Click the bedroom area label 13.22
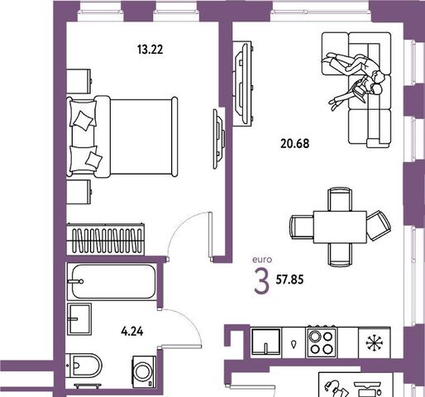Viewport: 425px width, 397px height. [x=150, y=50]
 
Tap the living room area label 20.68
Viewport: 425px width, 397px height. [x=295, y=144]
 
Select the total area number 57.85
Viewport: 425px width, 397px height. [x=289, y=280]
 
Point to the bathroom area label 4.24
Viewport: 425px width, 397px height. [x=132, y=332]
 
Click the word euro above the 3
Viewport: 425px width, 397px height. [x=262, y=260]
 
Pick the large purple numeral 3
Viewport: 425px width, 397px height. [x=261, y=280]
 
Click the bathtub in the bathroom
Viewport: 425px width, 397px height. [x=112, y=281]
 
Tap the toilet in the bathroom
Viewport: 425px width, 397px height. [x=84, y=366]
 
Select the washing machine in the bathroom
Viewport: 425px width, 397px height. [x=144, y=371]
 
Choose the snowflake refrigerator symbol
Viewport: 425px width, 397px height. [x=375, y=343]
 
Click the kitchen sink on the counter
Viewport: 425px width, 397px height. [x=266, y=342]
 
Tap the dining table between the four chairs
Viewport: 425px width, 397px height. [x=340, y=227]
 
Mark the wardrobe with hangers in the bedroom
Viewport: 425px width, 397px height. [x=106, y=239]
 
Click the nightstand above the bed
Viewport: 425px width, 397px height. [x=79, y=81]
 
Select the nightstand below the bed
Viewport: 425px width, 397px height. [x=79, y=192]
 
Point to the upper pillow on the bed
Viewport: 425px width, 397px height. [x=83, y=114]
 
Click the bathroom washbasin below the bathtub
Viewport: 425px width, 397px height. [x=79, y=319]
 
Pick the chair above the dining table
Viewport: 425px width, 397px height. [x=340, y=199]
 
